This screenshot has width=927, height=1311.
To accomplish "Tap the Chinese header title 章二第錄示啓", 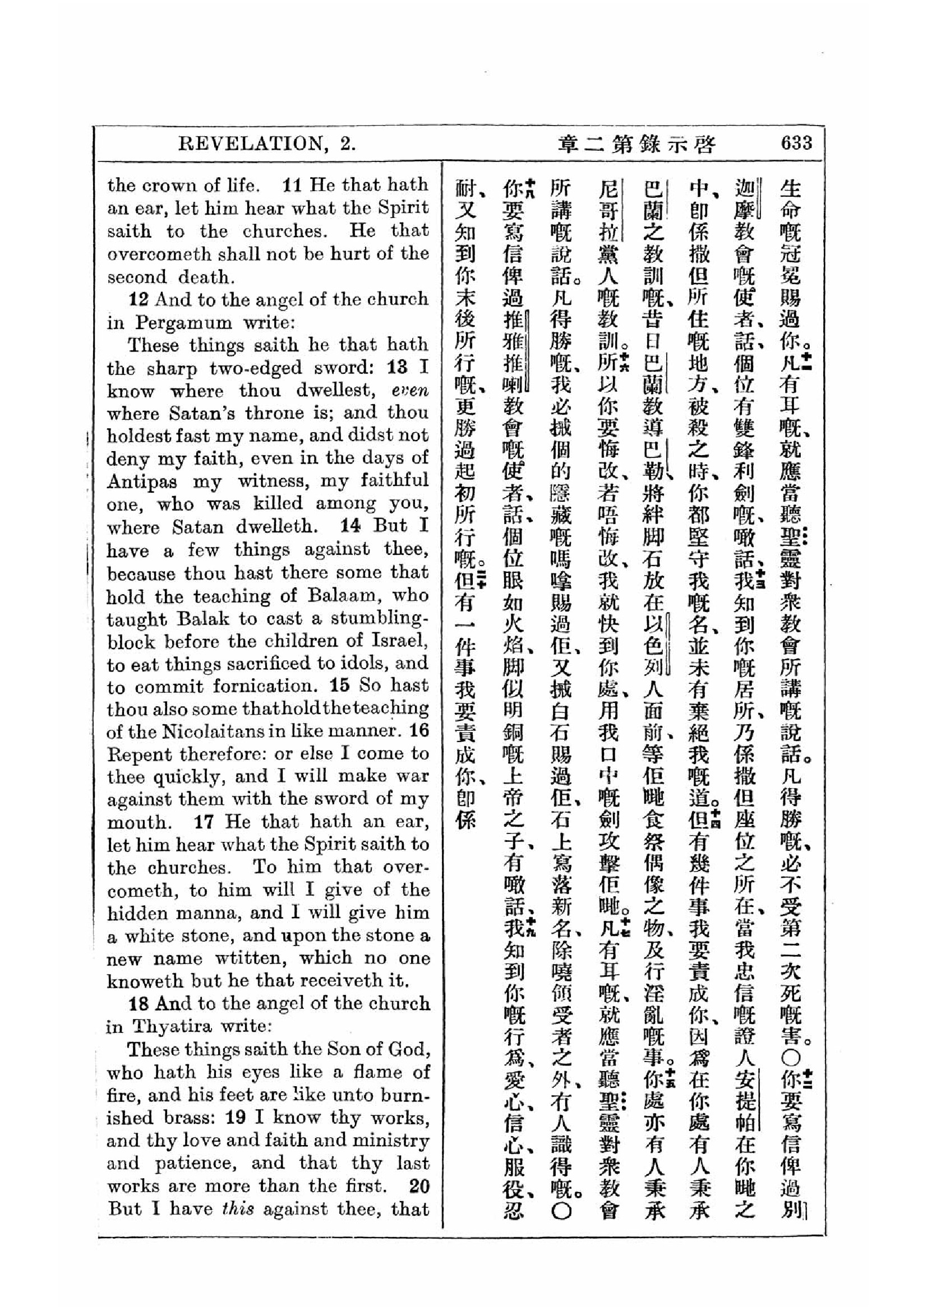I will pos(636,144).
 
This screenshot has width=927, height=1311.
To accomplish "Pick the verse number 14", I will pos(350,526).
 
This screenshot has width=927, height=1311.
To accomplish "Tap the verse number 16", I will pos(419,731).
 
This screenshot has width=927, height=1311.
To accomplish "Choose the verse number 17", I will pos(204,822).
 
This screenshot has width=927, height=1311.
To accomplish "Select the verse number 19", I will pos(236,1118).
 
